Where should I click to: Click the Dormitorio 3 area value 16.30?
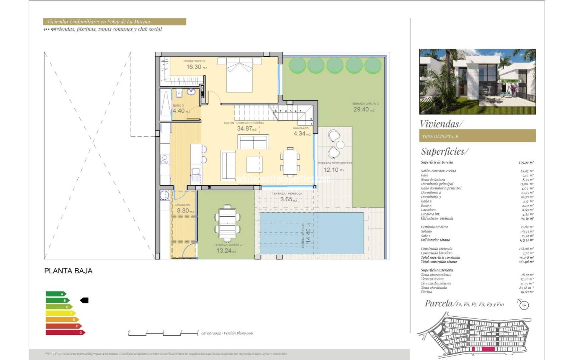point(194,67)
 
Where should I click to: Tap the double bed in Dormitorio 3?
point(239,75)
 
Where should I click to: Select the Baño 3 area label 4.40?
point(179,111)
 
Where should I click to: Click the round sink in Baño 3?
point(191,92)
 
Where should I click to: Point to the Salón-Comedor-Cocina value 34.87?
point(244,129)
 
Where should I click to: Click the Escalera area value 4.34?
point(300,134)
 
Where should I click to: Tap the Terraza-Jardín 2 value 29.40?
point(361,110)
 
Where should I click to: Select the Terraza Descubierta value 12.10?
point(331,170)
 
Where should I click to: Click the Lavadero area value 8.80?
point(183,211)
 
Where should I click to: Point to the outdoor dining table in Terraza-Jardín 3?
point(227,223)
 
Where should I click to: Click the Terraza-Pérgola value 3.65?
point(286,199)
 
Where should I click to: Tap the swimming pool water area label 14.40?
point(308,235)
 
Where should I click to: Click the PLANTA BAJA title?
point(68,271)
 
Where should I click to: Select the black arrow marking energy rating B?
point(84,300)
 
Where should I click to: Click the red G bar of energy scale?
point(65,332)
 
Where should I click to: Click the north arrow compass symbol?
point(524,304)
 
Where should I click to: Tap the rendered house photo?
point(477,82)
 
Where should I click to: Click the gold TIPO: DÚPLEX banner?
point(477,136)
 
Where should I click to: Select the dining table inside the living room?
point(290,162)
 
